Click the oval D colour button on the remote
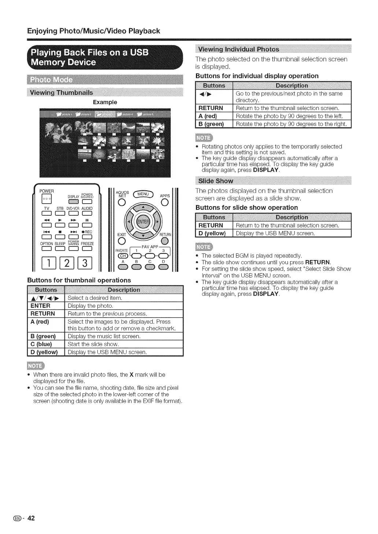[163, 267]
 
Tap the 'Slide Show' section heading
[216, 181]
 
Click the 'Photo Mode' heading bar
[52, 80]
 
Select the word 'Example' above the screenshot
[105, 102]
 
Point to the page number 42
[31, 518]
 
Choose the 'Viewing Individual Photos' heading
[238, 50]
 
